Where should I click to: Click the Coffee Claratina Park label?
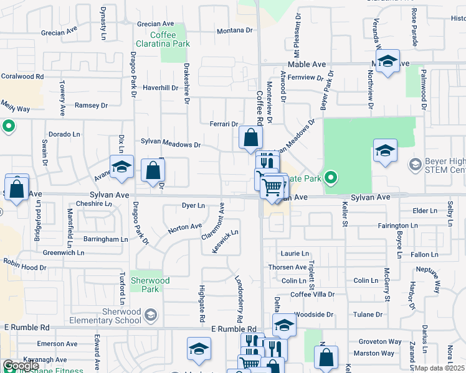(x=163, y=40)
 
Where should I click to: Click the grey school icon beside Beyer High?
(x=414, y=165)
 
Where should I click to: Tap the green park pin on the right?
(x=331, y=178)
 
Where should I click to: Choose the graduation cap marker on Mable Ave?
(x=388, y=62)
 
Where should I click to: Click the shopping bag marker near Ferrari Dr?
(x=250, y=138)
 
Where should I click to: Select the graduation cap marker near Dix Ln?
(x=121, y=167)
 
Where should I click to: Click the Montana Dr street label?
(x=235, y=30)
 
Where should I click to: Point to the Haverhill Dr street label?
(x=161, y=88)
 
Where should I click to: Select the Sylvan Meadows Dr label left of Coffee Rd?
(x=171, y=144)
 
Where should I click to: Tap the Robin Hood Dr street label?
(x=24, y=266)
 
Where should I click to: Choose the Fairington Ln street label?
(x=397, y=225)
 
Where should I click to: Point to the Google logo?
(x=21, y=365)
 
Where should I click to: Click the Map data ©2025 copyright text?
(x=439, y=368)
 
